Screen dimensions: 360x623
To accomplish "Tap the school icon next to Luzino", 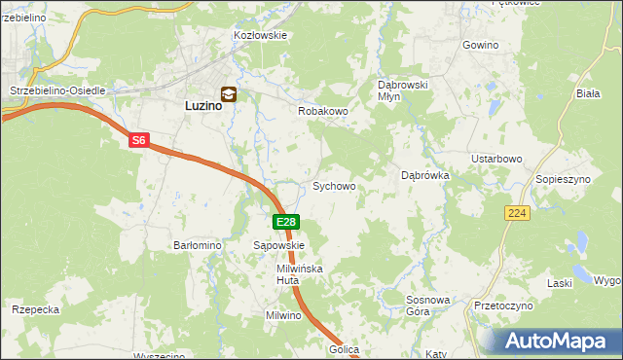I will click(x=229, y=94).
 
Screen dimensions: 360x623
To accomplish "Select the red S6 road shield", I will click(x=138, y=141).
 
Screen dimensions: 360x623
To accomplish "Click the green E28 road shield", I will click(x=284, y=223).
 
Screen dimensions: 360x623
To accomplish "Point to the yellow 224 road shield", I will click(x=517, y=212).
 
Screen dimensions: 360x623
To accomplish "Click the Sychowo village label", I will click(x=333, y=185).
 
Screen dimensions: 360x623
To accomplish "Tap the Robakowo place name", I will click(x=322, y=111).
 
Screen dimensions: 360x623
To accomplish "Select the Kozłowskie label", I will click(x=260, y=35).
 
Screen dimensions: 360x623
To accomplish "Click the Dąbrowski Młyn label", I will click(x=403, y=90).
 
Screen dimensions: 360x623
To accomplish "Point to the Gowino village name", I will click(x=480, y=46).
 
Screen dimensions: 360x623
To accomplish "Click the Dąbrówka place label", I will click(x=424, y=176).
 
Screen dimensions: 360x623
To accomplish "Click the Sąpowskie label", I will click(x=279, y=246).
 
